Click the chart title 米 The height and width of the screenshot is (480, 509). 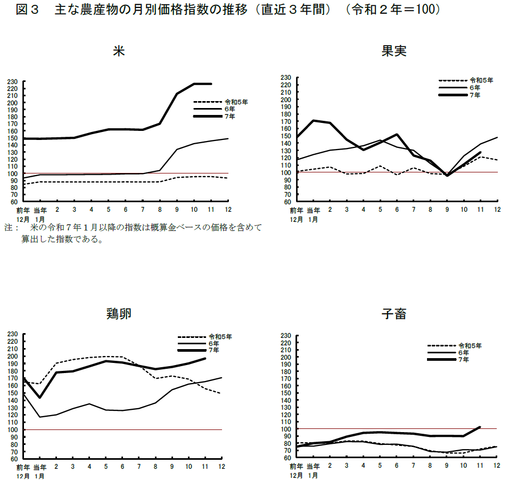[119, 51]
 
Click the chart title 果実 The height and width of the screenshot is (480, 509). [394, 51]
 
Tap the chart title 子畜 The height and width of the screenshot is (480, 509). [394, 314]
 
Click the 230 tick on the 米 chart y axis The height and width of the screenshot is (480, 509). [13, 82]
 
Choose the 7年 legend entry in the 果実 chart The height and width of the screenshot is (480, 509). [474, 95]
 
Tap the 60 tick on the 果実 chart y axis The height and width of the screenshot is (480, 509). [286, 202]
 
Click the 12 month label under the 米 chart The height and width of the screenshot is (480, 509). [228, 210]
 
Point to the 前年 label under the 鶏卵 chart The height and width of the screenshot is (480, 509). [23, 467]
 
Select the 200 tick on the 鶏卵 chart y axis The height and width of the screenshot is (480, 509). [13, 356]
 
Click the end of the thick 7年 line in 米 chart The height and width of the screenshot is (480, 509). [211, 84]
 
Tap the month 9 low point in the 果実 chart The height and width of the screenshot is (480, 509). [447, 175]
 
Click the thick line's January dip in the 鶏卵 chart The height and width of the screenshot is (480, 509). [39, 398]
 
